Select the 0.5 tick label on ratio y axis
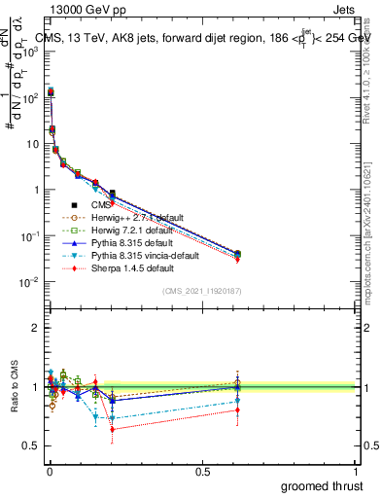32,445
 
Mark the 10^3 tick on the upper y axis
31,52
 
